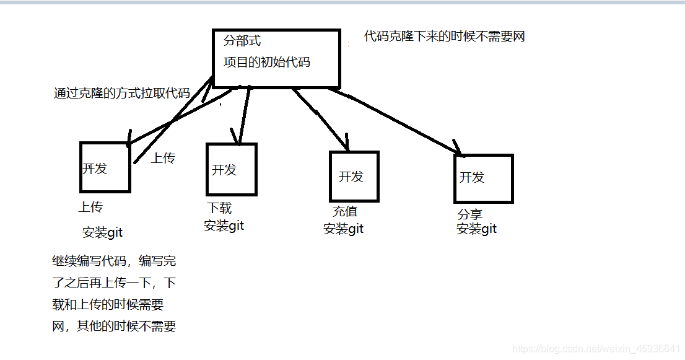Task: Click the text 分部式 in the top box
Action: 242,42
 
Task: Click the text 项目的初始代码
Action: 266,62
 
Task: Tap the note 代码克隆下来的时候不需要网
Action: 444,37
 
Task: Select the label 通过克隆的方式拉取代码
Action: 121,94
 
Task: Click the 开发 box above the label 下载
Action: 230,169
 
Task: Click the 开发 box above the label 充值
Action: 354,177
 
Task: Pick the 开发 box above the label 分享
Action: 483,178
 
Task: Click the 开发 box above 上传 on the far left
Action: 105,167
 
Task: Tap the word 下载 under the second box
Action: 219,208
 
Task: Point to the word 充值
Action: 345,211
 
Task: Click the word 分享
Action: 470,215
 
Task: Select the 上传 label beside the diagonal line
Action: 163,158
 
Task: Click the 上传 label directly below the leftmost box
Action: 90,207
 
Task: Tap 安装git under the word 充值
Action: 343,229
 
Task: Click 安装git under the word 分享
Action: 476,229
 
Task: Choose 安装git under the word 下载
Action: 224,226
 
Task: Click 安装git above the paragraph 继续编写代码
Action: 102,233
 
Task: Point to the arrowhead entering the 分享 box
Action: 459,149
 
